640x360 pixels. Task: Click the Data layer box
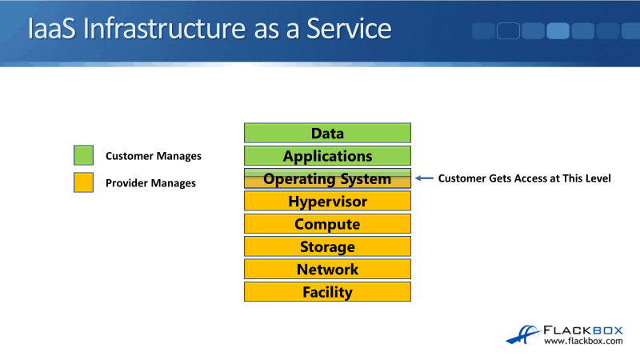pos(327,133)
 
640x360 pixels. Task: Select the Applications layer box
pos(327,156)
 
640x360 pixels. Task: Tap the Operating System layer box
pos(327,178)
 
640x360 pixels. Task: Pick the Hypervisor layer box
pos(327,202)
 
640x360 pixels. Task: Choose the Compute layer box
pos(327,224)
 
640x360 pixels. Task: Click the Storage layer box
pos(327,246)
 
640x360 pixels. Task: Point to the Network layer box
pos(327,270)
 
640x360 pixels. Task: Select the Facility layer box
pos(327,292)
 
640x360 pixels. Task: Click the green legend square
pos(83,155)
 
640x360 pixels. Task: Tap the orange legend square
pos(83,182)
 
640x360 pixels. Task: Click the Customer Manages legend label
pos(153,156)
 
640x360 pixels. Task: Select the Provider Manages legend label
pos(150,183)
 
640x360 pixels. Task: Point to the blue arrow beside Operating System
pos(424,178)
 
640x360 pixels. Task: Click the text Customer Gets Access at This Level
pos(524,178)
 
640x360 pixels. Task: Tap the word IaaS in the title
pos(53,30)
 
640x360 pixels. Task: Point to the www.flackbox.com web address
pos(583,342)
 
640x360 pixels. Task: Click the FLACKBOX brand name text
pos(583,328)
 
